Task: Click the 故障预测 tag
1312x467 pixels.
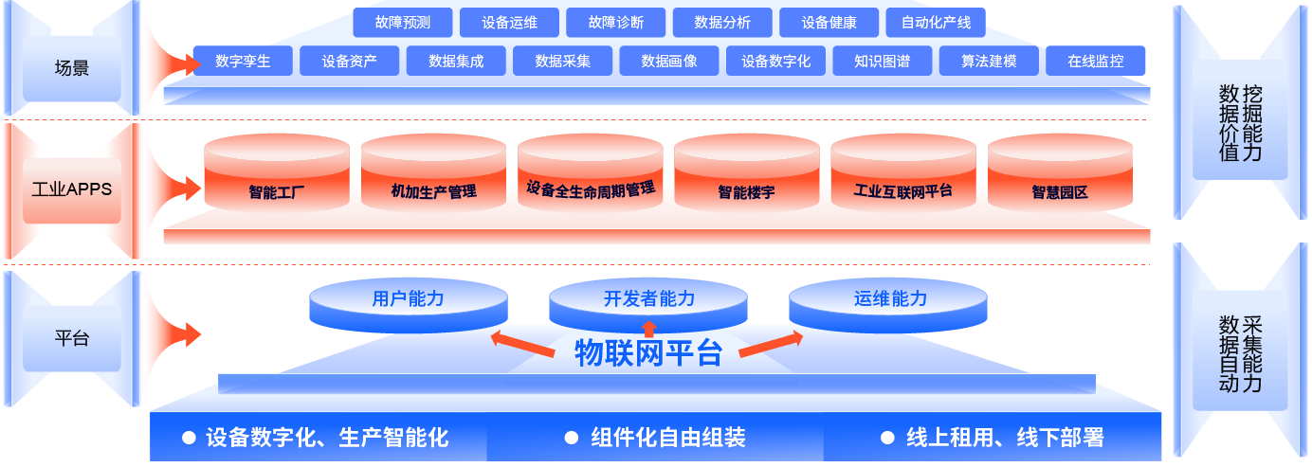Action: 403,23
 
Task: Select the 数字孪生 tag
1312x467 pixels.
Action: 243,62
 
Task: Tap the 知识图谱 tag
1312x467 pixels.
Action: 882,62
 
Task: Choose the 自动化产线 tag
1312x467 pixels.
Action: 936,23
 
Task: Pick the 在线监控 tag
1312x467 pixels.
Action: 1095,62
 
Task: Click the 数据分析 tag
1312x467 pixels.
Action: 722,23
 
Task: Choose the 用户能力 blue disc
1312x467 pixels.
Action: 408,301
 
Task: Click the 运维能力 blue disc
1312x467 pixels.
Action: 889,301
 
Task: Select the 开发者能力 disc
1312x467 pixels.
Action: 648,301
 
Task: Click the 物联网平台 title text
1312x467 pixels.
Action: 648,354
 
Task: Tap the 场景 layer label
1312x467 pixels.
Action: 72,68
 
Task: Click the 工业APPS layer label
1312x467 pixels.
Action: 72,189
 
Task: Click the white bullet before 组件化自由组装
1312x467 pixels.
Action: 571,438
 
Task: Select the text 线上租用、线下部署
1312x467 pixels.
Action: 1005,438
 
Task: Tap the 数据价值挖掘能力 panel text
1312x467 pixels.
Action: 1240,122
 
